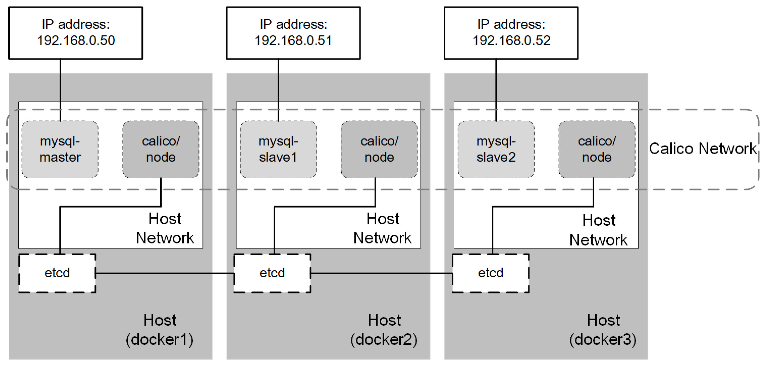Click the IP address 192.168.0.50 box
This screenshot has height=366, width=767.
(x=76, y=33)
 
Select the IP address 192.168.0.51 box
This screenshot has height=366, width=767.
(x=293, y=33)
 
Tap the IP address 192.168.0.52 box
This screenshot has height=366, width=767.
(x=511, y=33)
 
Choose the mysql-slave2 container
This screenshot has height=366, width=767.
(x=496, y=149)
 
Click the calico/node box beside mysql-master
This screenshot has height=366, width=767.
(x=161, y=149)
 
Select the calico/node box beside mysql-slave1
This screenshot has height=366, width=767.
(x=379, y=149)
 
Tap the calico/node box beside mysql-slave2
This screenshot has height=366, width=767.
(x=597, y=149)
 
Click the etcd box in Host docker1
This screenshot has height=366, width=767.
(x=57, y=273)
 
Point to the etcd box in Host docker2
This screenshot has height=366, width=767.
(x=272, y=273)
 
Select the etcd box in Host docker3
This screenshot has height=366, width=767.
(x=490, y=273)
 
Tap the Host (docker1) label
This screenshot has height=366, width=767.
(x=160, y=330)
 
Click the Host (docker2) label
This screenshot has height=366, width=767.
(x=384, y=330)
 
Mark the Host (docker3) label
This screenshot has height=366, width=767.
(x=603, y=330)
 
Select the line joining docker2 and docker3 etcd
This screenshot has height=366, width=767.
(x=381, y=273)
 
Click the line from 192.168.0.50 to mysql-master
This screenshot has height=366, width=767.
(x=60, y=89)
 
